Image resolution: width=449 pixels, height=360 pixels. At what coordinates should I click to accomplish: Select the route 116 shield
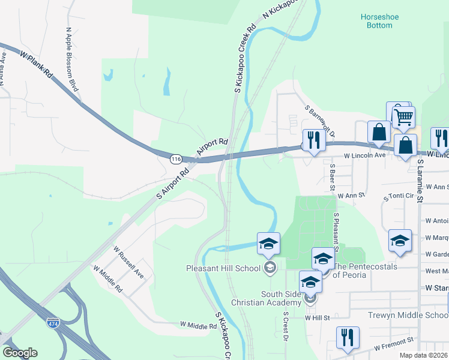175,160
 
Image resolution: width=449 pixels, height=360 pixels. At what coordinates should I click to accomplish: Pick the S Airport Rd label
172,183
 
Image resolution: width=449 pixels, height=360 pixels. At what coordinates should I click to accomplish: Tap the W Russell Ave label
129,262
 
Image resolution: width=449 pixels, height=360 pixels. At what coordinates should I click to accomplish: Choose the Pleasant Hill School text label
223,268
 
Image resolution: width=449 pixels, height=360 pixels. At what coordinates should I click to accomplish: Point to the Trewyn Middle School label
409,315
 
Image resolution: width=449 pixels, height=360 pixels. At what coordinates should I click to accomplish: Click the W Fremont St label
394,344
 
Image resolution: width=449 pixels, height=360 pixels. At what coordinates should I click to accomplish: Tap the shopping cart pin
403,117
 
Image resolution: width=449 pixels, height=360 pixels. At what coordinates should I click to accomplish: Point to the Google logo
20,353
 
